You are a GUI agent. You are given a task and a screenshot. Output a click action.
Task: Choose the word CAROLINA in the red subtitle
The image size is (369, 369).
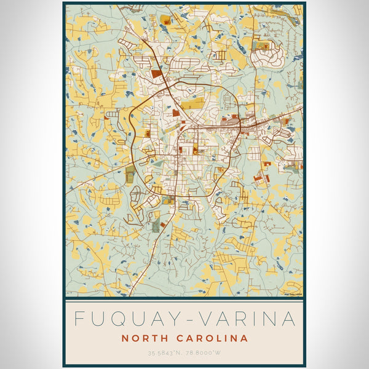(212, 338)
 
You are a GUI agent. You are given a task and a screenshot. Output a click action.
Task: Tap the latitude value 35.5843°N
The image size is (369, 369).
(164, 353)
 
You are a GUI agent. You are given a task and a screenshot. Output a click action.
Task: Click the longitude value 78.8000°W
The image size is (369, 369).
(205, 353)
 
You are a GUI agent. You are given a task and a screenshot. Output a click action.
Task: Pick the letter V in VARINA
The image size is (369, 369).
(207, 319)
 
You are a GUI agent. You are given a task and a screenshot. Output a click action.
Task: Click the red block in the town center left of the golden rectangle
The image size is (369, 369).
(175, 113)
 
